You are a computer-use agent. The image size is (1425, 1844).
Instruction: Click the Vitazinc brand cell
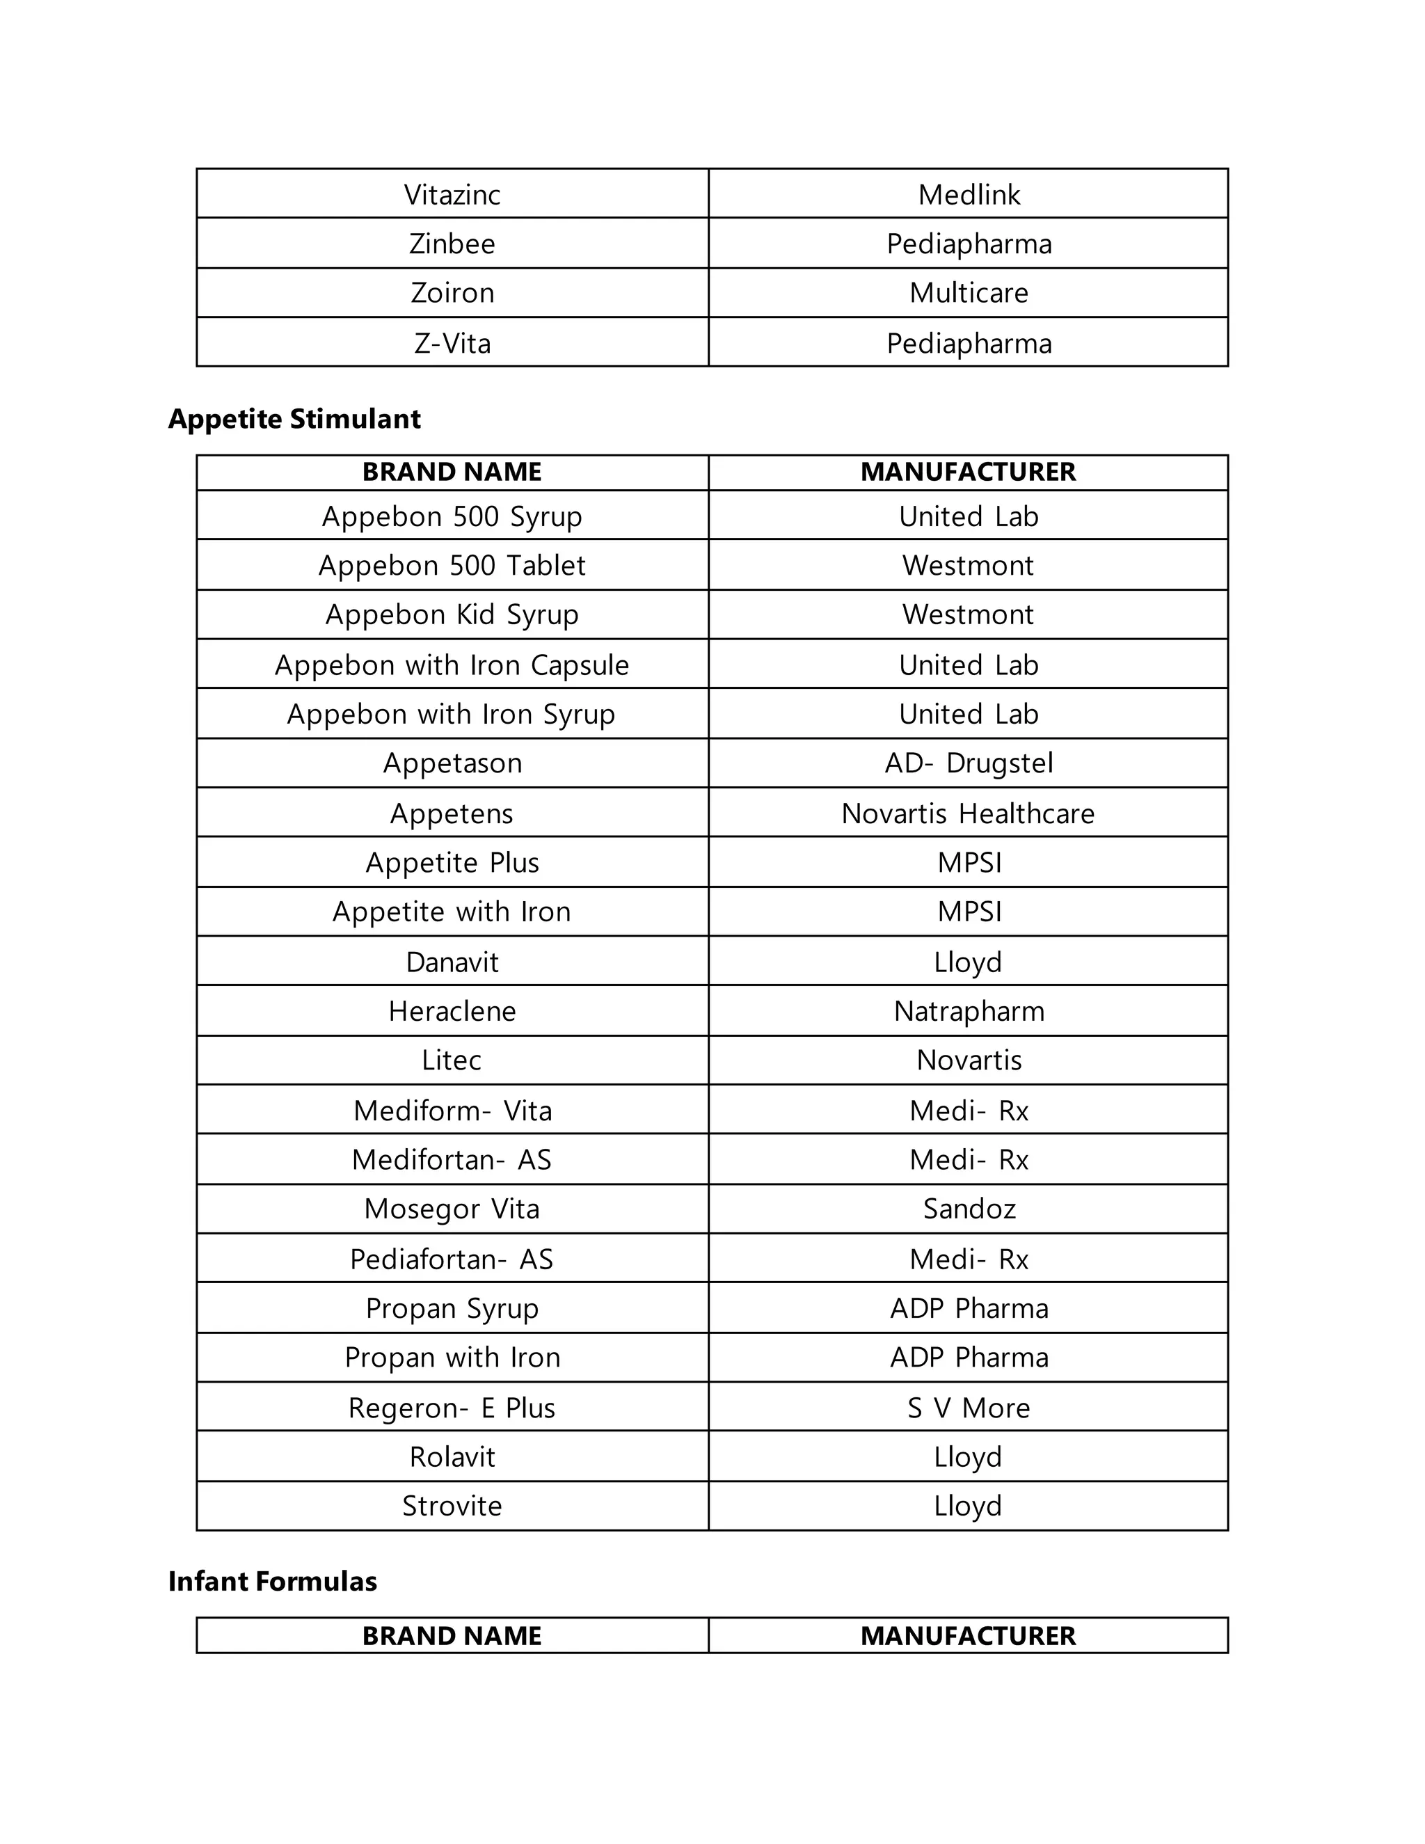[452, 195]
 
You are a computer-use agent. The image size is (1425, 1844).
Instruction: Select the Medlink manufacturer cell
[969, 195]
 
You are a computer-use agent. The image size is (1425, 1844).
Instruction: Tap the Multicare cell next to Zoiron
[969, 293]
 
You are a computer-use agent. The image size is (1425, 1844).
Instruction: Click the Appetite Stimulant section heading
[294, 419]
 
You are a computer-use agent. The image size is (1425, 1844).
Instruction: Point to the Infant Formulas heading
[272, 1580]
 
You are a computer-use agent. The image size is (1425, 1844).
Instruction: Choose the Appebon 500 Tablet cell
[452, 566]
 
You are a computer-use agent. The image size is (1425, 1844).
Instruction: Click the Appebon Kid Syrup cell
[452, 614]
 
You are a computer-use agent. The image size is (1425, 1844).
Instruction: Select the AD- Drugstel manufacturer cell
[969, 763]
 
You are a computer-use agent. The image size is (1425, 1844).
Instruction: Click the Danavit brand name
[452, 962]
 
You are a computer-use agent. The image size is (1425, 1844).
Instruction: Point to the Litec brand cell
[452, 1060]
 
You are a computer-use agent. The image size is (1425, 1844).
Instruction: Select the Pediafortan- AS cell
[452, 1259]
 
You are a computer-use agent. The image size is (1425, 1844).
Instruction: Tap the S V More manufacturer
[969, 1408]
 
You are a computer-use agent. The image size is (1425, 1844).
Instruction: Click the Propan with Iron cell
[452, 1358]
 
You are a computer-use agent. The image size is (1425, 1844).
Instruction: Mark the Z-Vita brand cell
[452, 344]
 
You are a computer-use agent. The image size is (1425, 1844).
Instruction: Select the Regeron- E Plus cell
[452, 1408]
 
